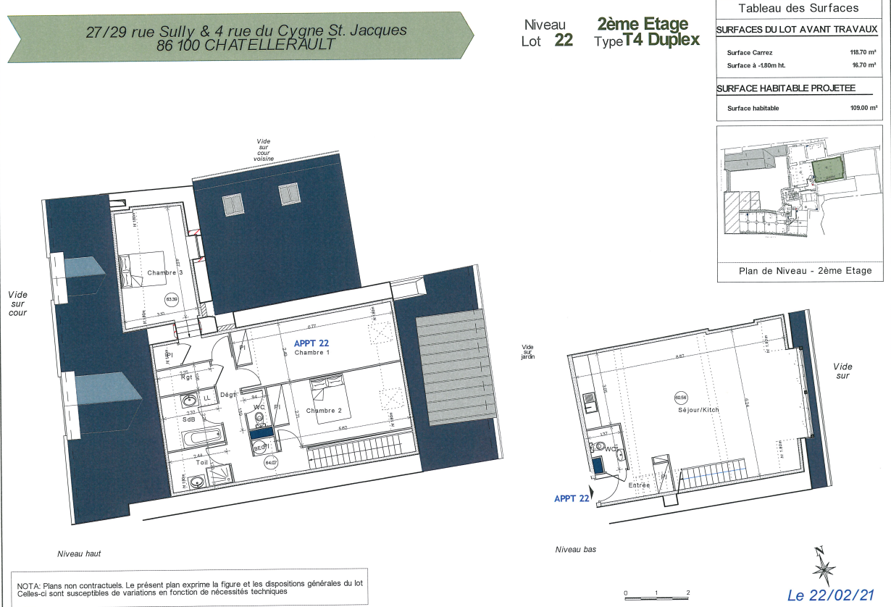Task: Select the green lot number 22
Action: tap(564, 41)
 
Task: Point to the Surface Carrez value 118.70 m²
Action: tap(863, 53)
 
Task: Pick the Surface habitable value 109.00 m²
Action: tap(863, 108)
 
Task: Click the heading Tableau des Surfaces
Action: tap(798, 9)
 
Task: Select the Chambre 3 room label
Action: tap(165, 272)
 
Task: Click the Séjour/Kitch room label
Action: tap(698, 409)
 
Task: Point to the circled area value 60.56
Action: tap(680, 397)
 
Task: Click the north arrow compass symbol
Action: tap(824, 566)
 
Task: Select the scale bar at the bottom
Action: tap(656, 595)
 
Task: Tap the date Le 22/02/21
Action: tap(831, 595)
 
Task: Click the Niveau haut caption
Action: tap(79, 553)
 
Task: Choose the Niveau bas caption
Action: tap(575, 550)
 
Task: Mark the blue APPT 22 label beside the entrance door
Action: tap(572, 498)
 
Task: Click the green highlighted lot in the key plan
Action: tap(827, 169)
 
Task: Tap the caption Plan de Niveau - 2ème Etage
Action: tap(804, 271)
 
